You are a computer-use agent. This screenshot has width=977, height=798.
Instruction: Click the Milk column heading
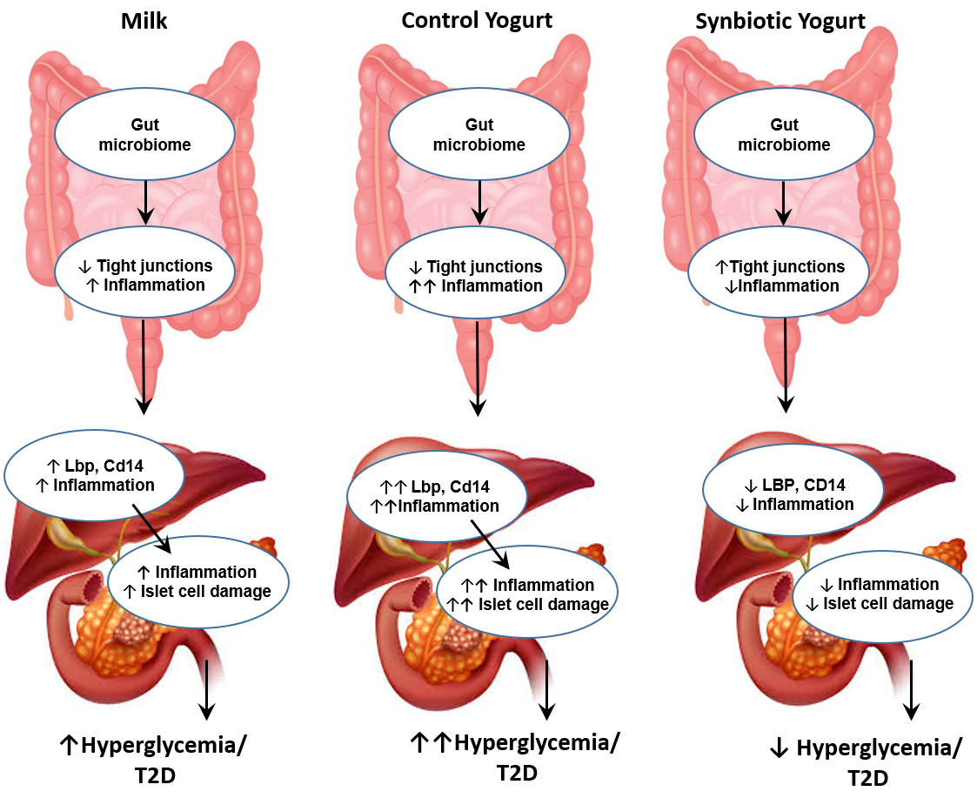click(144, 21)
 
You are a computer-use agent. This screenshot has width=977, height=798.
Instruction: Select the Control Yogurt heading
click(476, 20)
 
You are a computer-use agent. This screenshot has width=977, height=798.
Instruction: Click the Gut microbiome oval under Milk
click(144, 135)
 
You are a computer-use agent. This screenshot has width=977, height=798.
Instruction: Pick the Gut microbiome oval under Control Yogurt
click(478, 135)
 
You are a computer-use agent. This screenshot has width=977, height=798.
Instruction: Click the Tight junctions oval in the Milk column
click(145, 274)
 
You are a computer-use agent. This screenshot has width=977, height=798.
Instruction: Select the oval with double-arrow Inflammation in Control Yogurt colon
click(478, 276)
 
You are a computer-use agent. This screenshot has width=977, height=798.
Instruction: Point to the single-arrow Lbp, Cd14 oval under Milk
click(95, 475)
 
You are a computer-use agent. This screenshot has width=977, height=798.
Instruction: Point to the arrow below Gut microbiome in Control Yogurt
click(478, 201)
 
